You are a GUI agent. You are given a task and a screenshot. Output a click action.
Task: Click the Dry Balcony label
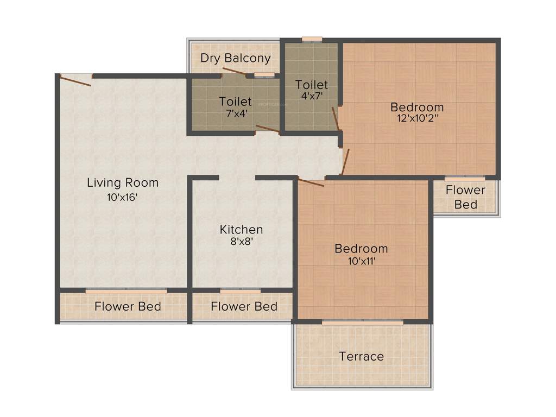(x=235, y=58)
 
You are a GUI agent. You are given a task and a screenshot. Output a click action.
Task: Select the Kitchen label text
(x=241, y=230)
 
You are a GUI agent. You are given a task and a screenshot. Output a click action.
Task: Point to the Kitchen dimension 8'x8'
(x=241, y=242)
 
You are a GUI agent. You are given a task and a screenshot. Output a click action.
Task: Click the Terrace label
(x=361, y=357)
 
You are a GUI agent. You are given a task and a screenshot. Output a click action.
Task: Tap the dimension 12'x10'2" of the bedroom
(x=417, y=118)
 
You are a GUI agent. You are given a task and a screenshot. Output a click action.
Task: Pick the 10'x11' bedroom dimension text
(x=361, y=261)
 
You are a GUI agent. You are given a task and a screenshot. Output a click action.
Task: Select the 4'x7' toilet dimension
(x=312, y=96)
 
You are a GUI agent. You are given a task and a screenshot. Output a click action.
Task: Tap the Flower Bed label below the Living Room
(x=128, y=307)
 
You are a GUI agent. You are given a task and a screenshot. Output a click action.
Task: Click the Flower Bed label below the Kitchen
(x=244, y=307)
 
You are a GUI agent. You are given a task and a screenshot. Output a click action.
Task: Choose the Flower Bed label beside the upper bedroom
(x=465, y=197)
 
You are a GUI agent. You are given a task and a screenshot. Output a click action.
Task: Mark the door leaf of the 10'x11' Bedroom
(x=311, y=182)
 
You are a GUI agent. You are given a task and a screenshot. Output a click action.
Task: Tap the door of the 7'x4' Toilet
(x=267, y=129)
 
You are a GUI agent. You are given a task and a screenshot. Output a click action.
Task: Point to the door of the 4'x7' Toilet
(x=336, y=118)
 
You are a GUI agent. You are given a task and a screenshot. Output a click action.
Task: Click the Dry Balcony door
(x=234, y=72)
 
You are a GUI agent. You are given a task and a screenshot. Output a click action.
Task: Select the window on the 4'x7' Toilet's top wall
(x=312, y=39)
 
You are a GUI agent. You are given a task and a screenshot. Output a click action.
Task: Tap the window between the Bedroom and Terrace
(x=362, y=323)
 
